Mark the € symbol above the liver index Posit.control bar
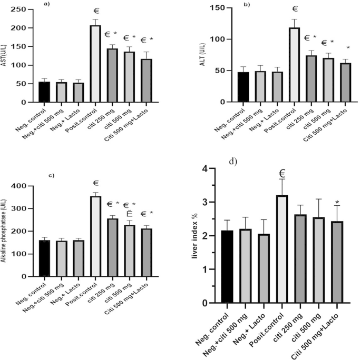(282, 173)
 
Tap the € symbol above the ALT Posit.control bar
(295, 9)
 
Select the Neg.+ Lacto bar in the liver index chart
(263, 268)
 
